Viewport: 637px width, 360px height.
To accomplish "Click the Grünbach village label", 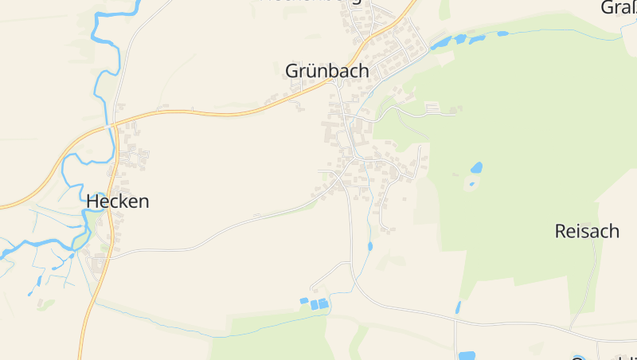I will click(327, 71).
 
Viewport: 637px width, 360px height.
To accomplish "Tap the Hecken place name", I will click(117, 202).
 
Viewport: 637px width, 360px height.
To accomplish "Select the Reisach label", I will click(587, 232).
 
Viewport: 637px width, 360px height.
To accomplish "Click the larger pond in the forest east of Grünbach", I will click(476, 168).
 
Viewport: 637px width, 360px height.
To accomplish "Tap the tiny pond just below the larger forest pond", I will click(471, 183).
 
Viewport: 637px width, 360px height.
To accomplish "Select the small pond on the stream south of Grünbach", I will click(370, 246).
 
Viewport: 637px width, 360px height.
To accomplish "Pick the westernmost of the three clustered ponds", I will click(303, 300).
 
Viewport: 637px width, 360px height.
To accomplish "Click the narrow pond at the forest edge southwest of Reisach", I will click(458, 307).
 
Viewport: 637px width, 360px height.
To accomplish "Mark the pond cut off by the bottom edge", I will click(467, 355).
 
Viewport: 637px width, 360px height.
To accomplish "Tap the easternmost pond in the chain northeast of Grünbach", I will click(502, 33).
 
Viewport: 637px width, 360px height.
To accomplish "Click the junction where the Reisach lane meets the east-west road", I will click(571, 327).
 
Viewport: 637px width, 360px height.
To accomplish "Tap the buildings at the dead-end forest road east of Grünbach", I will click(434, 107).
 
